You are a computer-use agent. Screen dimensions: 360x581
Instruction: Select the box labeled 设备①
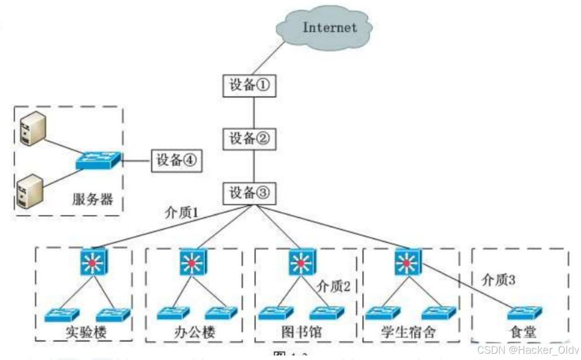coord(250,86)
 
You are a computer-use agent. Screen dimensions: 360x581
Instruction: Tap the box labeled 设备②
coord(250,138)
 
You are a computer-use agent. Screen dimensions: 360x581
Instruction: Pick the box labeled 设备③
coord(250,193)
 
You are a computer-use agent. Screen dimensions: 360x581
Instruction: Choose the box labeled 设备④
coord(176,160)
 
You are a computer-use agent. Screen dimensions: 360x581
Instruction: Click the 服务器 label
coord(93,199)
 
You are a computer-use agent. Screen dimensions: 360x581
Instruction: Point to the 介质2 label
coord(334,286)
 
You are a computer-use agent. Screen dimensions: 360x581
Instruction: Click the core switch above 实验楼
coord(93,262)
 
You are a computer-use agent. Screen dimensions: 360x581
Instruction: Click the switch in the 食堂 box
coord(524,313)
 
